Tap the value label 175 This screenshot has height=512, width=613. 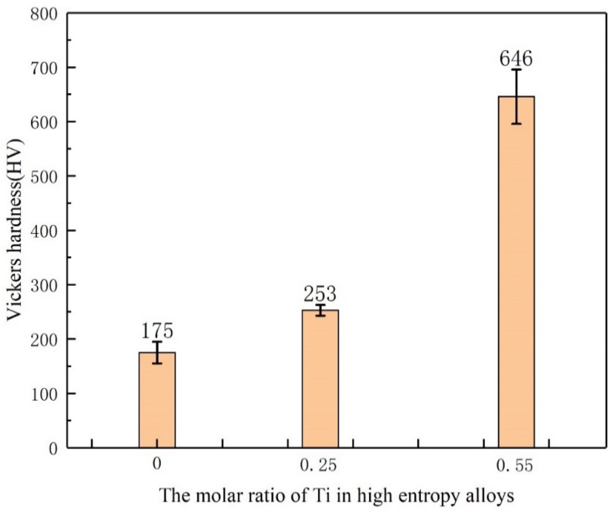point(157,331)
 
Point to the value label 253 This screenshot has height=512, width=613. point(320,294)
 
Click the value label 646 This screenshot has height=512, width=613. point(516,59)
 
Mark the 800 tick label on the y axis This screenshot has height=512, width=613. point(44,14)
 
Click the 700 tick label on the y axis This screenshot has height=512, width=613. point(44,68)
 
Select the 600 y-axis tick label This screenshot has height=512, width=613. point(44,122)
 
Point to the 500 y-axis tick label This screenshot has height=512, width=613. point(44,176)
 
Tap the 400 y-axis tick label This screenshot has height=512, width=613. point(44,231)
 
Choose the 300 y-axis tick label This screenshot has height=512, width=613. point(44,285)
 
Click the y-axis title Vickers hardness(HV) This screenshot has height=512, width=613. point(15,229)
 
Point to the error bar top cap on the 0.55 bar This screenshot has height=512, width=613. point(516,70)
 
